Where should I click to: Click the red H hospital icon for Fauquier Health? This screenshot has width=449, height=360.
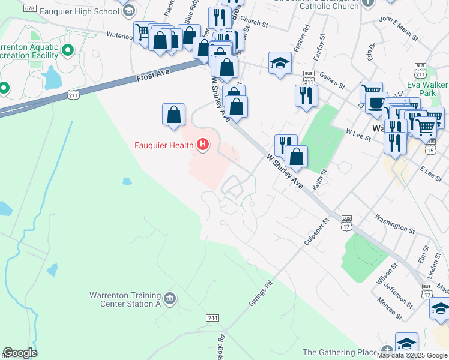[x=203, y=145]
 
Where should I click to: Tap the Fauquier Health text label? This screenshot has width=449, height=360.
[x=164, y=145]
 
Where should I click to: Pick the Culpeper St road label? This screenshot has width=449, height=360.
[x=318, y=230]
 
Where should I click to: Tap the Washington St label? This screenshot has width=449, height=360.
[x=394, y=222]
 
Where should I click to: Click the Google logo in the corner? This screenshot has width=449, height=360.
[x=20, y=353]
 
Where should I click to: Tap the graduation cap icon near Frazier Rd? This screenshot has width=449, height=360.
[x=280, y=63]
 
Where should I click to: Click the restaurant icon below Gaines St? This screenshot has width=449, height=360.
[x=306, y=94]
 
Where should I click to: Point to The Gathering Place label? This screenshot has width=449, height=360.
[x=339, y=352]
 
